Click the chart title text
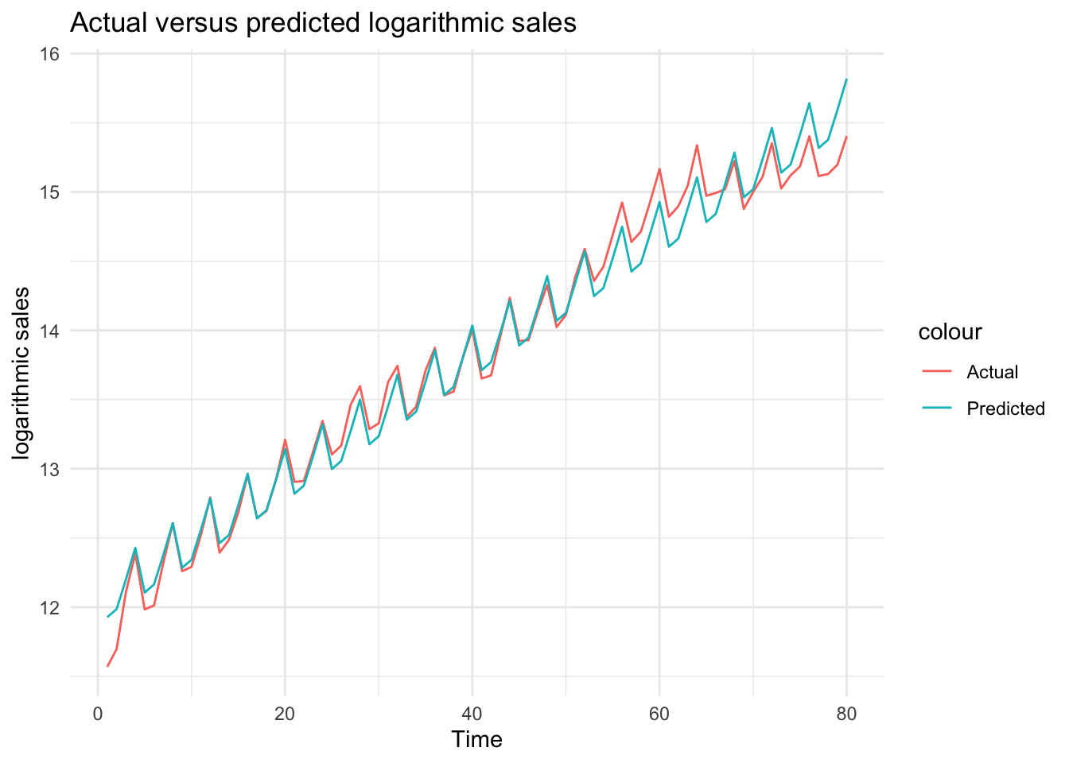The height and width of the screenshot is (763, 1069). [323, 23]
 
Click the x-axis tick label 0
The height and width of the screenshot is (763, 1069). [97, 715]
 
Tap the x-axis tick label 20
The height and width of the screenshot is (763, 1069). [285, 715]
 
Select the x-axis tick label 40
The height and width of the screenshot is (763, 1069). [472, 715]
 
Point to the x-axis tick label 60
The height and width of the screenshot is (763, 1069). [659, 715]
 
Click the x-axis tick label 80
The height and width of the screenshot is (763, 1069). [846, 715]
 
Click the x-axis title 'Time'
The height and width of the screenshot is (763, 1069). [476, 740]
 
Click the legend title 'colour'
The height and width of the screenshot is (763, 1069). [950, 331]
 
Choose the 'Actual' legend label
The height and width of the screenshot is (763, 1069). [992, 372]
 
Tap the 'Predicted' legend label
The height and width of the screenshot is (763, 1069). [1005, 409]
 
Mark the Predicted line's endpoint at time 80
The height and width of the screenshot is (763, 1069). [846, 79]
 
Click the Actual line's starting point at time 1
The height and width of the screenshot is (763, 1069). [107, 666]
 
